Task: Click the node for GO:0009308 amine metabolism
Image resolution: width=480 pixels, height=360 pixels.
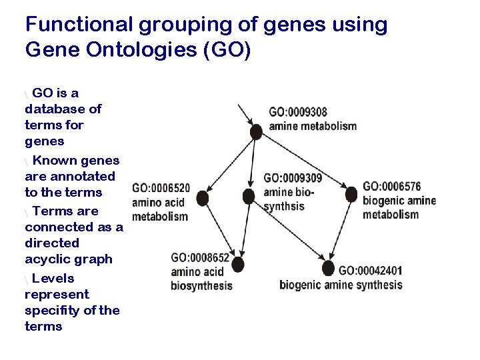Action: pos(255,132)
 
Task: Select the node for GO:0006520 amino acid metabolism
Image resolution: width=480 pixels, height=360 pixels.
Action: pos(203,198)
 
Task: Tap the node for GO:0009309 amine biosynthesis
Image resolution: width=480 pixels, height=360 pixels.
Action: pos(249,197)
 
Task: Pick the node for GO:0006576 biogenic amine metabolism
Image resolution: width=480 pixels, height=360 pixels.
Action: pos(351,195)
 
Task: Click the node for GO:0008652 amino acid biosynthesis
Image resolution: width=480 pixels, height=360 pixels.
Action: pos(237,265)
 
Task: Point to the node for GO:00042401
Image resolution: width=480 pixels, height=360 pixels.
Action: pos(327,269)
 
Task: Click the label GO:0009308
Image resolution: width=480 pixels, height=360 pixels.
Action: pos(298,112)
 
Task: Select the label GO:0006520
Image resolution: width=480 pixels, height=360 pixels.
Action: pos(161,188)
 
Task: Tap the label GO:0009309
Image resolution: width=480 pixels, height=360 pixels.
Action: pos(293,178)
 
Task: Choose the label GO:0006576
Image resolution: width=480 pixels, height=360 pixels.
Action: pos(392,186)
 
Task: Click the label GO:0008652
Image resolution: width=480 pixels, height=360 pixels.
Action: pos(200,257)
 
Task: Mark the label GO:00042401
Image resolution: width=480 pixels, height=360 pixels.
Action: pos(371,271)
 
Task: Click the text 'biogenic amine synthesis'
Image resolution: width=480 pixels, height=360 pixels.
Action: pos(341,285)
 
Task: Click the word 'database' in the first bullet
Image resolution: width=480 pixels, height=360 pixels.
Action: pos(51,109)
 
